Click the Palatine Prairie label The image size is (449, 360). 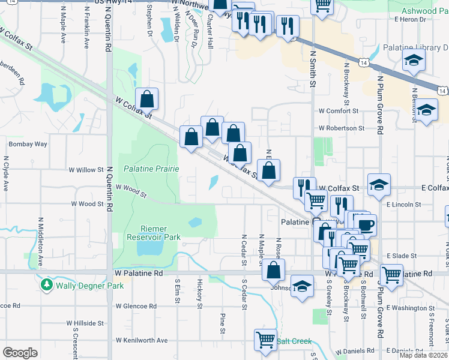151,169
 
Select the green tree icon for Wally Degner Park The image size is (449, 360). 47,284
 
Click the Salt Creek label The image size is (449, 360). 294,341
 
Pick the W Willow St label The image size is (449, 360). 86,170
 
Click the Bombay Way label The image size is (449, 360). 28,145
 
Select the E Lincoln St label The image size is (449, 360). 404,205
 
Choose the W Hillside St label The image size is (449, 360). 85,323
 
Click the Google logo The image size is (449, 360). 20,353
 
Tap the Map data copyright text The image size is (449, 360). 423,355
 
